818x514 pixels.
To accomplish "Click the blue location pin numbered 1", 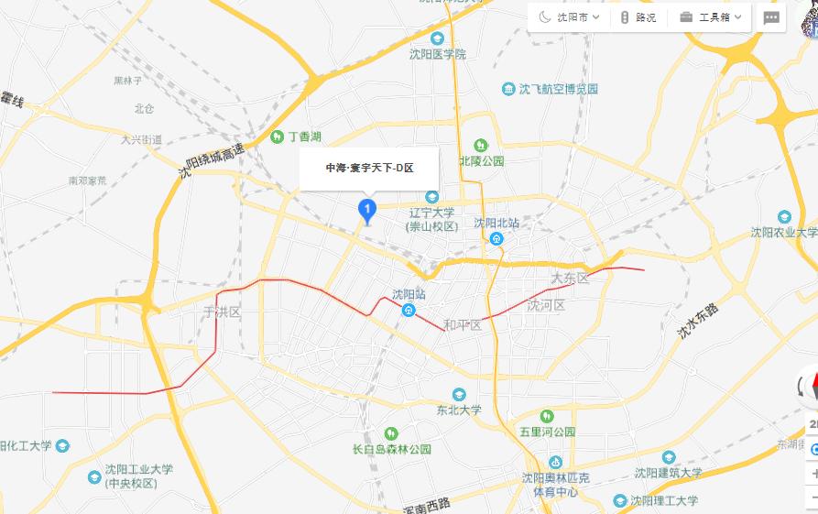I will pos(367,211).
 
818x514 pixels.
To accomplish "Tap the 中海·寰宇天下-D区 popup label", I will pos(370,168).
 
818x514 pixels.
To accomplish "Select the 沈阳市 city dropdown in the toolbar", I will pos(570,17).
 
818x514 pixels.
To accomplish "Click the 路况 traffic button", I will pos(638,17).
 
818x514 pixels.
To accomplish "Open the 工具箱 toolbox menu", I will pos(711,17).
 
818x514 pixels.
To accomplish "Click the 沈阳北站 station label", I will pos(496,223).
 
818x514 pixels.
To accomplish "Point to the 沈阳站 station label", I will pos(409,294).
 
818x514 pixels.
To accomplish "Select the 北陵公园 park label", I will pos(482,160).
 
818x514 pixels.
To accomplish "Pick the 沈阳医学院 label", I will pos(438,54).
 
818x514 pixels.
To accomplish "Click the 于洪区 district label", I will pos(222,312).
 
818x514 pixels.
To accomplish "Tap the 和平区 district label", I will pos(463,325).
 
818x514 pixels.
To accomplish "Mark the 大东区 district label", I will pos(570,278).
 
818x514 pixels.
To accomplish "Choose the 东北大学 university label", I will pos(459,410).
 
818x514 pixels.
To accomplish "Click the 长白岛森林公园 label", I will pos(392,449).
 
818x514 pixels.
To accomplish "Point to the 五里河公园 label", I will pos(547,431).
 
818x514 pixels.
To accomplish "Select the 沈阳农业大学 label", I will pos(784,232).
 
